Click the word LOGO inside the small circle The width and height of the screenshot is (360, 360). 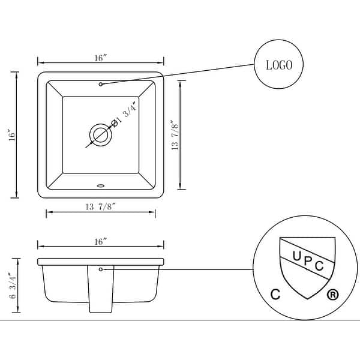click(278, 65)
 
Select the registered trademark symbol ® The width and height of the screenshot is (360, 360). click(331, 295)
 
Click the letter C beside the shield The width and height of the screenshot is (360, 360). click(275, 295)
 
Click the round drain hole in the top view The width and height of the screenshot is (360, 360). click(100, 135)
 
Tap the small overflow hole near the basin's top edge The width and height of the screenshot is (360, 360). click(101, 84)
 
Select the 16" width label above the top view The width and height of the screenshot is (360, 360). click(100, 58)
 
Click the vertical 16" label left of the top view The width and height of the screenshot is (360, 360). click(11, 134)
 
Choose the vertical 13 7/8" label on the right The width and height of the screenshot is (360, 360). click(175, 136)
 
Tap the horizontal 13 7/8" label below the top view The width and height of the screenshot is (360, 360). click(100, 207)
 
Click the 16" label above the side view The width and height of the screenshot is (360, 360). click(100, 241)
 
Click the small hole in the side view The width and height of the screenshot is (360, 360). click(101, 269)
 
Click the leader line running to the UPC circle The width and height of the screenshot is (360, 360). click(180, 269)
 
